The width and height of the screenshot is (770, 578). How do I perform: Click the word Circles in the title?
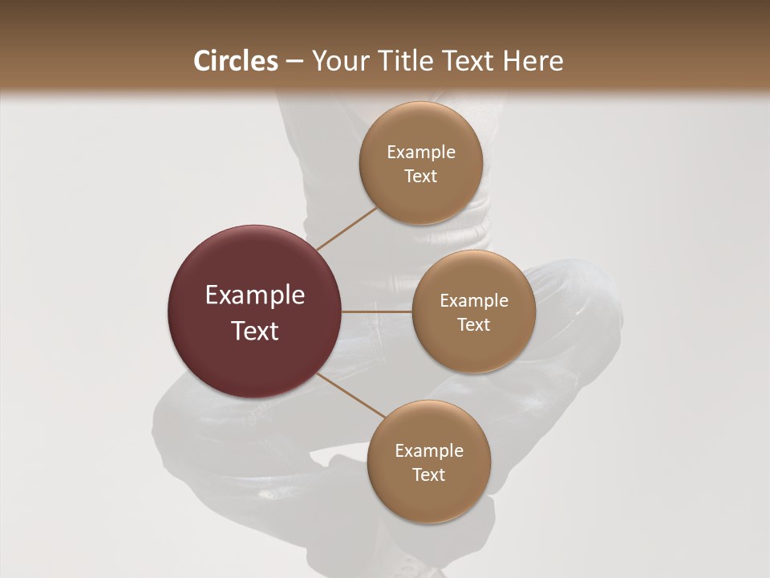pyautogui.click(x=236, y=61)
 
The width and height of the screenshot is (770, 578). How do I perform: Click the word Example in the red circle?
pyautogui.click(x=255, y=295)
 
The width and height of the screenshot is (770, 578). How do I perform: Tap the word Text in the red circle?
pyautogui.click(x=255, y=331)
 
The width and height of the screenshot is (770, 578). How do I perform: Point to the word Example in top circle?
pyautogui.click(x=421, y=153)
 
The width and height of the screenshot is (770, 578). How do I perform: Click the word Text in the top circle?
pyautogui.click(x=421, y=177)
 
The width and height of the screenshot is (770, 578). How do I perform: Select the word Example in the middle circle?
pyautogui.click(x=474, y=301)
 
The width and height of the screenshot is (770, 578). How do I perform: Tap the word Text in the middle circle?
pyautogui.click(x=474, y=325)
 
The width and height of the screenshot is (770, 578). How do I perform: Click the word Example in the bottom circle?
pyautogui.click(x=429, y=451)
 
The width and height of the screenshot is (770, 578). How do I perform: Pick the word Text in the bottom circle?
pyautogui.click(x=429, y=475)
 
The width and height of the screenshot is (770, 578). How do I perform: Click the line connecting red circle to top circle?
pyautogui.click(x=346, y=229)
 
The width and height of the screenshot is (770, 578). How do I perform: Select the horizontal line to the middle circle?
pyautogui.click(x=377, y=311)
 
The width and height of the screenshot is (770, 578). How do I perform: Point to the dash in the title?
pyautogui.click(x=295, y=62)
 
